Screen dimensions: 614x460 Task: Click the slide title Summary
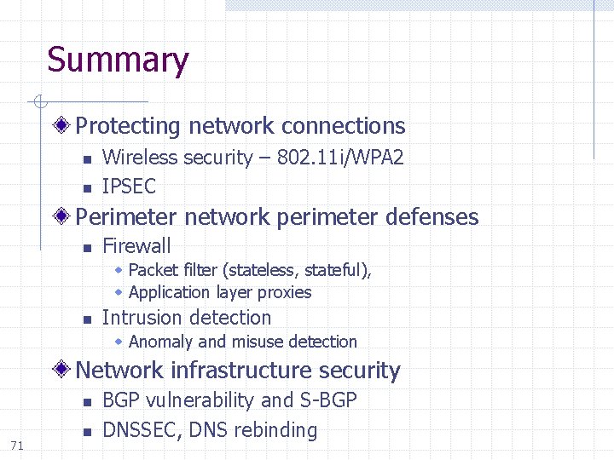coord(118,60)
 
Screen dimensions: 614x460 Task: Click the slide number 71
coord(17,445)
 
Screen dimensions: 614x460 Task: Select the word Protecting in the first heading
coord(129,126)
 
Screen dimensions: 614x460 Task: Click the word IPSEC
coord(129,187)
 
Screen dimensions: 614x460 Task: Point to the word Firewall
coord(136,246)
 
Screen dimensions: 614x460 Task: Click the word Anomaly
coord(160,342)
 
